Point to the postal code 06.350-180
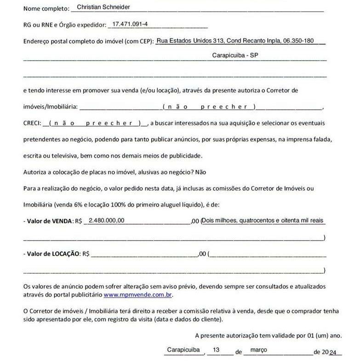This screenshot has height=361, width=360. tap(298, 40)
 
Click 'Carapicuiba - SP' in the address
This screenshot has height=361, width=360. tap(235, 55)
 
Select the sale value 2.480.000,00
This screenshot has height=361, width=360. tap(106, 220)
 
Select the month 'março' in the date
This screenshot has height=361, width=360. tap(258, 350)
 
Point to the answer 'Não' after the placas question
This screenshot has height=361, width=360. tap(201, 172)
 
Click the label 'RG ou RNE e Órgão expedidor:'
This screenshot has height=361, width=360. tap(64, 25)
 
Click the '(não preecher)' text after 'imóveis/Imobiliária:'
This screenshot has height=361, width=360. tap(210, 107)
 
